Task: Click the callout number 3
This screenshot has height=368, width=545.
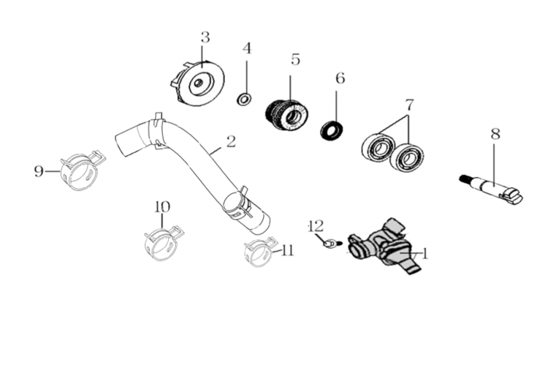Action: (x=206, y=37)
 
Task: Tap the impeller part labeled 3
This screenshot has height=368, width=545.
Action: (x=197, y=83)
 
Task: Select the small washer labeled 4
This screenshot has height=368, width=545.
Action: (x=244, y=99)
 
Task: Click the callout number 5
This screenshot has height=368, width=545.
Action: (x=295, y=59)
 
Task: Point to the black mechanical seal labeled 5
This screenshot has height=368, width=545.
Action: (x=287, y=114)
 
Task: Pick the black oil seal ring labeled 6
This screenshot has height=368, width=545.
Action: (x=332, y=131)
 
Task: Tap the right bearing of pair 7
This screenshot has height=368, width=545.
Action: (x=407, y=157)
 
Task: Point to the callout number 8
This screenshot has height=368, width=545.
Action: (x=495, y=134)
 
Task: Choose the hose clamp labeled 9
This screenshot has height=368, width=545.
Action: (x=82, y=170)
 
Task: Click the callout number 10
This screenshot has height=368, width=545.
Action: (x=162, y=207)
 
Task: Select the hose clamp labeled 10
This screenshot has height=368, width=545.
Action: (x=163, y=243)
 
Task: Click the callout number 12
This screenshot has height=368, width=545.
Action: (x=316, y=226)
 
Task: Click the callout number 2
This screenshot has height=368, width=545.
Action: (x=230, y=142)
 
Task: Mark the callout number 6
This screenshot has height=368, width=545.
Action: (x=340, y=79)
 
